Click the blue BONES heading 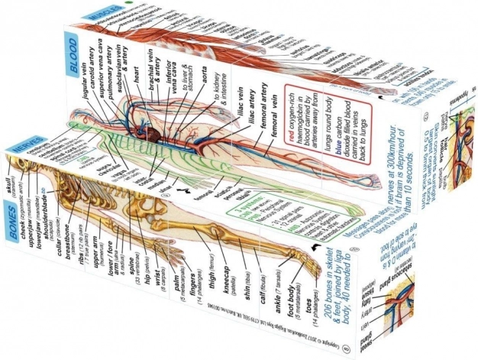tap(23, 232)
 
